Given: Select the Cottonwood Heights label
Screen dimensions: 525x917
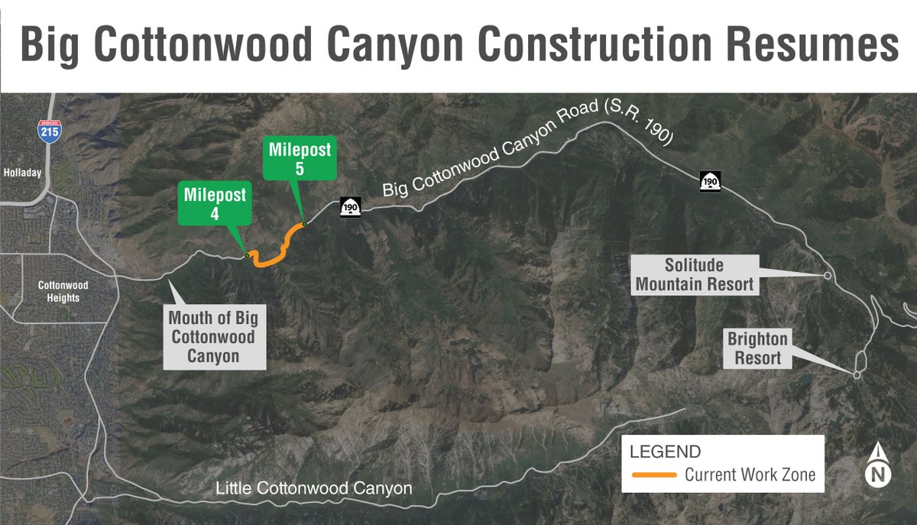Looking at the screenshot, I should tap(63, 291).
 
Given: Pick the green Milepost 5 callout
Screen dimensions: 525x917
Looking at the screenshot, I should tap(300, 159).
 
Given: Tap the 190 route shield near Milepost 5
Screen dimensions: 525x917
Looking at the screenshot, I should tap(352, 206).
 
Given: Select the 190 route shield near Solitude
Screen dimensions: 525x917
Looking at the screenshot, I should tap(710, 181).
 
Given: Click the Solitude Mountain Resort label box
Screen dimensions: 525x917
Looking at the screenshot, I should tap(694, 275).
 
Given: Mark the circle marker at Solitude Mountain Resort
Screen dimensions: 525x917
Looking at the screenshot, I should tap(827, 275).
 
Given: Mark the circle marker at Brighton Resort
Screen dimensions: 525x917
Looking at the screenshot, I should tap(857, 374).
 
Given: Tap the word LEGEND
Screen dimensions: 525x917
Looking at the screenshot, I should tap(665, 452).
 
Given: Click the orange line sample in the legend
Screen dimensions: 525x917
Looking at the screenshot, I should tap(654, 475).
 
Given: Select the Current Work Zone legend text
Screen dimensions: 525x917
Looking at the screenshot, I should tap(750, 475).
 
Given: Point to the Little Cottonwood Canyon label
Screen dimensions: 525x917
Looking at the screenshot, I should tap(314, 488).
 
